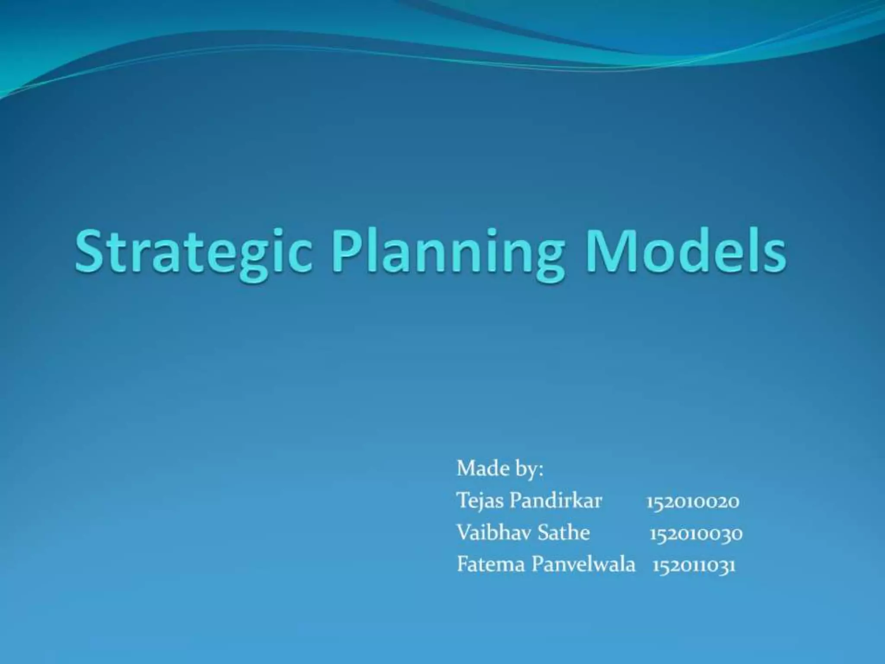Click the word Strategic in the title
click(193, 253)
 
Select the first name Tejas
click(480, 501)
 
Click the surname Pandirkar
click(555, 501)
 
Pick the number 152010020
click(693, 502)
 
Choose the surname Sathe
click(563, 533)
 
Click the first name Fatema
click(491, 565)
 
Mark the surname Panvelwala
click(583, 565)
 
